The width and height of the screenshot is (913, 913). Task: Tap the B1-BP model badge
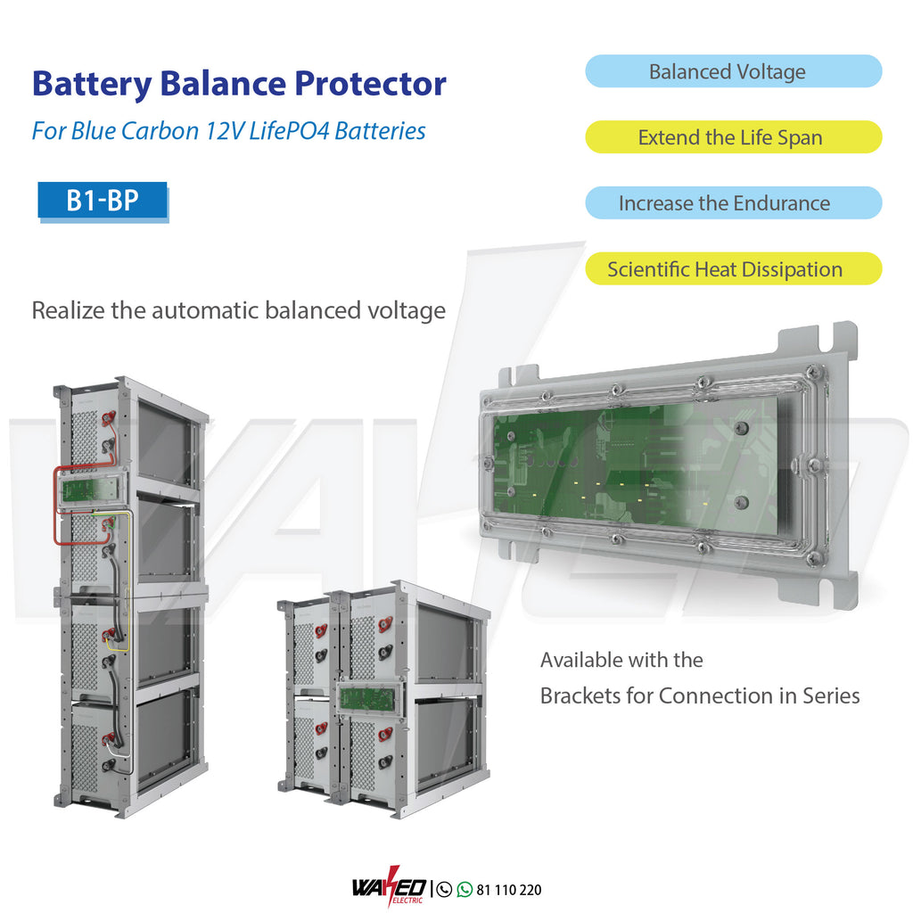click(x=103, y=201)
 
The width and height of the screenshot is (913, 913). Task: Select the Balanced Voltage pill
click(x=733, y=71)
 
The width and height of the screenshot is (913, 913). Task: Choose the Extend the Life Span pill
click(x=733, y=137)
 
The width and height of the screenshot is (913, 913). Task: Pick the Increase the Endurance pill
click(x=733, y=203)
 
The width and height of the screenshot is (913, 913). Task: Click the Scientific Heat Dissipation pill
click(x=733, y=269)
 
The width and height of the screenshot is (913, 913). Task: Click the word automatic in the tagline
click(x=210, y=311)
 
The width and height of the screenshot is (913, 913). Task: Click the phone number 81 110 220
click(x=509, y=890)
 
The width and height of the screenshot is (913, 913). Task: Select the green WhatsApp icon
click(x=465, y=889)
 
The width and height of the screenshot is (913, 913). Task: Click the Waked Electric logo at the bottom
click(x=390, y=889)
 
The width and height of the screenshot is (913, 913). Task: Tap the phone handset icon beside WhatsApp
click(x=445, y=889)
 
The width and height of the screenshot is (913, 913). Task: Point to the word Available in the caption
click(x=582, y=661)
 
